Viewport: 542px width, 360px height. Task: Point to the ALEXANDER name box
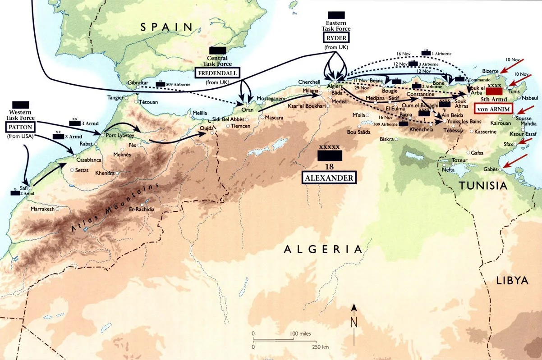point(328,178)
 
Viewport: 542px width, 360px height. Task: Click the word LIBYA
point(511,280)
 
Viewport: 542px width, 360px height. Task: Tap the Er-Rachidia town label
point(142,210)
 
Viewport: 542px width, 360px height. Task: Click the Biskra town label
point(386,139)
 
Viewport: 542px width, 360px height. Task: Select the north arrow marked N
point(354,322)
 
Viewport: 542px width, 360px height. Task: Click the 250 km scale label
point(321,347)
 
